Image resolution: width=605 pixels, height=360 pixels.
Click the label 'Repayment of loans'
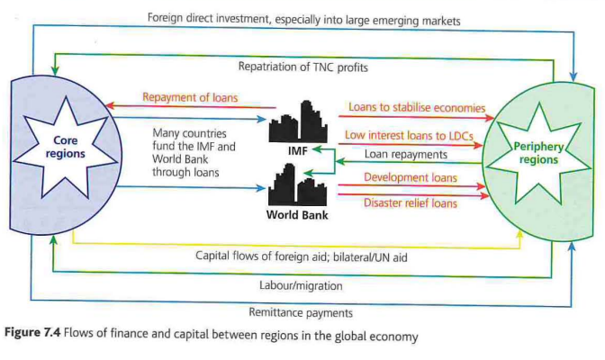(189, 97)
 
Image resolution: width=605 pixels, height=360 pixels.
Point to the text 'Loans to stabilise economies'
(416, 108)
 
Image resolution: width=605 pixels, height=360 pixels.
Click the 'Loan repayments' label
(403, 153)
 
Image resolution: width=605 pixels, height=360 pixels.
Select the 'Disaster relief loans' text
(411, 202)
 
